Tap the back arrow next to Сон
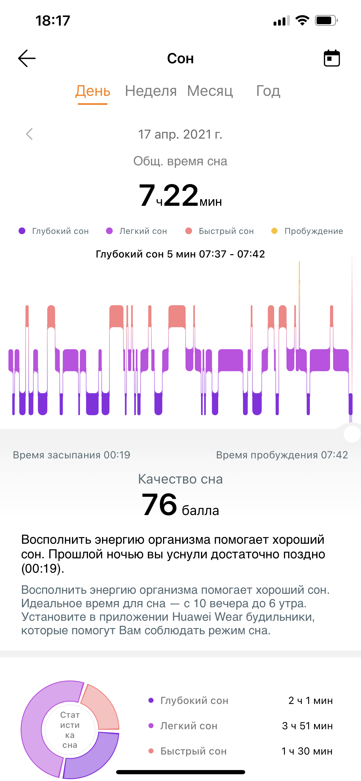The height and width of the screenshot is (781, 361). (27, 58)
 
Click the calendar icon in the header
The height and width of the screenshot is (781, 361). (331, 58)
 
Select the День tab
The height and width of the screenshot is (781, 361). (93, 91)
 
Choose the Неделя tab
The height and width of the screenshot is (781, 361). (151, 91)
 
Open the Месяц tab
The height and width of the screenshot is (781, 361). (210, 91)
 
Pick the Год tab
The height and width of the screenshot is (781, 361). (268, 91)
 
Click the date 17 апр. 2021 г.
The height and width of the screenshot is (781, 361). (180, 134)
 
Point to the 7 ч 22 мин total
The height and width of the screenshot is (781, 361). (180, 196)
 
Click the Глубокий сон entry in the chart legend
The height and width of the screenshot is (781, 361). (54, 231)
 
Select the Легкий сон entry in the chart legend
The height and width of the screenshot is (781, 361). (137, 231)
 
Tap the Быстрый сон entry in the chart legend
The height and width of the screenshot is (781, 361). (220, 231)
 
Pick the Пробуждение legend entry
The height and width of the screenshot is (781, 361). (307, 231)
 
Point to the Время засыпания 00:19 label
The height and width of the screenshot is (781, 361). (71, 455)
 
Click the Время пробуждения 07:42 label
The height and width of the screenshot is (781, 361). (282, 455)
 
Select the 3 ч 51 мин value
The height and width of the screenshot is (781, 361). (307, 726)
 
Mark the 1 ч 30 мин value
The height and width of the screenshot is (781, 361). (307, 751)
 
